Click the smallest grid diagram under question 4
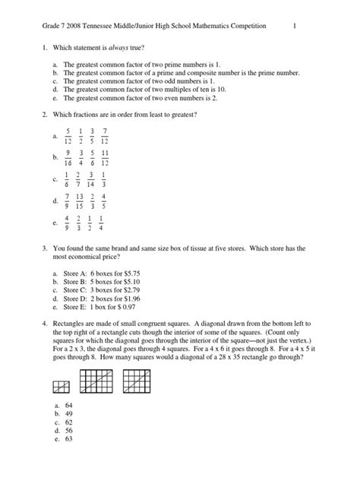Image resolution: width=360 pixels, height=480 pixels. click(61, 387)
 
